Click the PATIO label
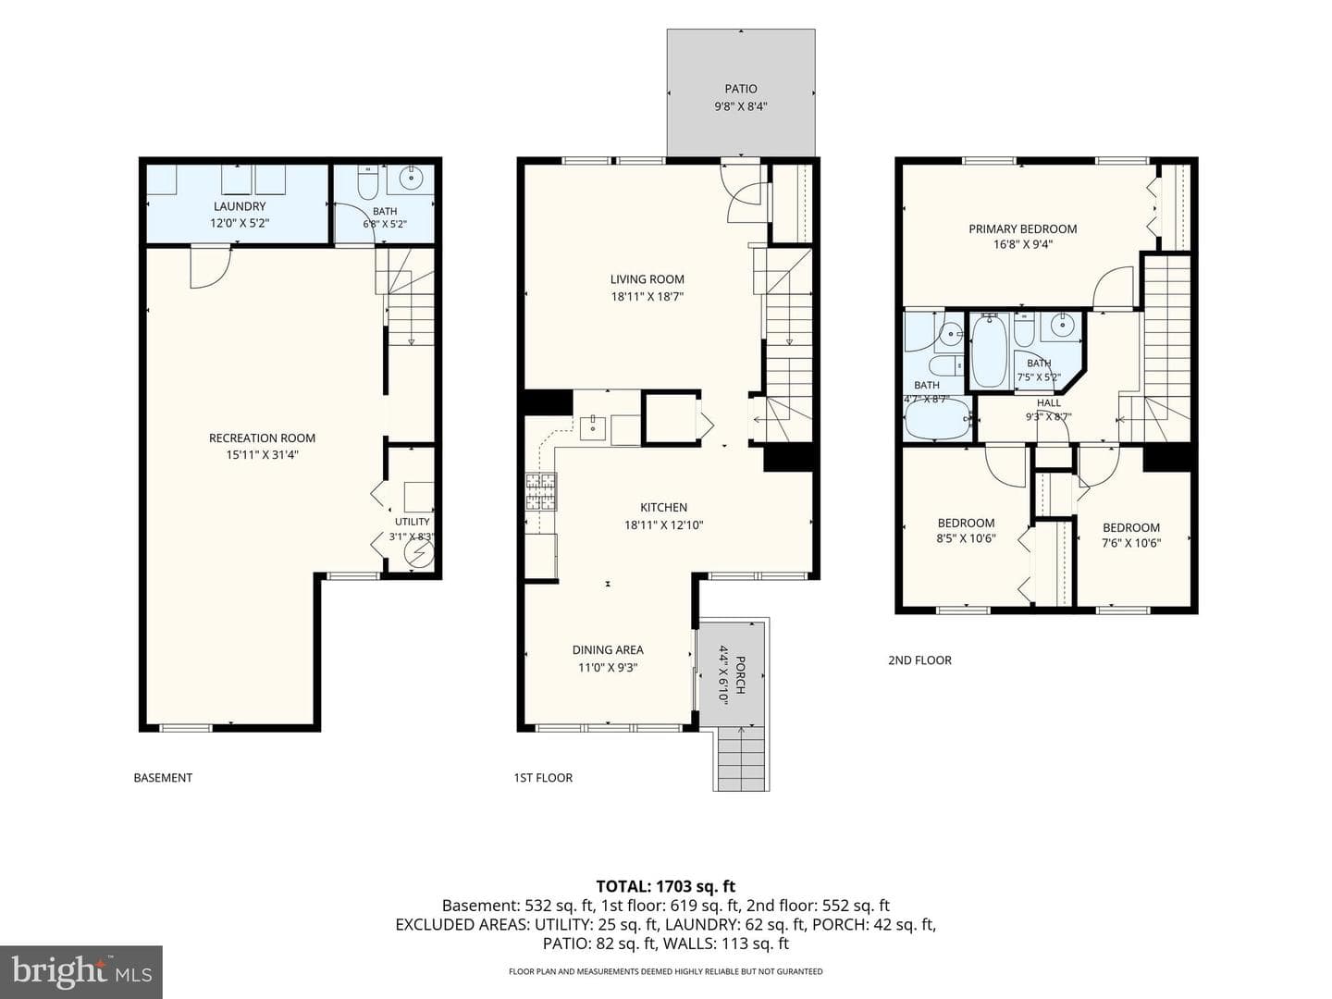[x=740, y=89]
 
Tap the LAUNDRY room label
[x=240, y=206]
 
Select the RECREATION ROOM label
[x=262, y=438]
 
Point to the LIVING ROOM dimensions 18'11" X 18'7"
[x=647, y=297]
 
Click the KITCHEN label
[x=664, y=507]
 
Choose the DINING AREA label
[x=608, y=649]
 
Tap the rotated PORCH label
[x=740, y=675]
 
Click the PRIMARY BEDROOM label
[x=1022, y=228]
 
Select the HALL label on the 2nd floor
[x=1049, y=402]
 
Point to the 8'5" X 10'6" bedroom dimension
[x=966, y=538]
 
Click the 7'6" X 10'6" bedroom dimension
[x=1131, y=543]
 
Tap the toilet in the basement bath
[x=368, y=182]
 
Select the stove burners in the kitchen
[x=541, y=491]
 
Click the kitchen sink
[x=592, y=427]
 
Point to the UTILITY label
[x=412, y=522]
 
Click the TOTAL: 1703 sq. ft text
[x=666, y=886]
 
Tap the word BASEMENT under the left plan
[x=163, y=778]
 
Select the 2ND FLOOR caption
[x=919, y=660]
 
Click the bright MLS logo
[x=81, y=972]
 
